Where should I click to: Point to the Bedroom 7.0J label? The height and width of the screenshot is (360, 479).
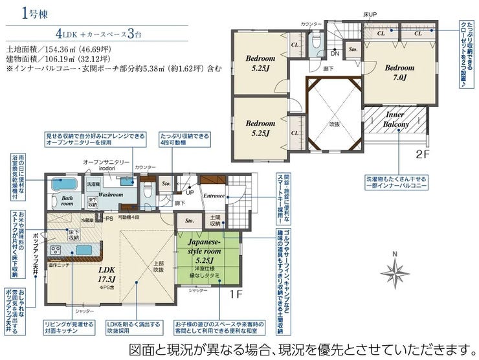[x=399, y=72]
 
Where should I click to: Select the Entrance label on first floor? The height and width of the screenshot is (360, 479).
[x=214, y=196]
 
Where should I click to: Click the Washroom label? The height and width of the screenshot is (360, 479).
[x=111, y=194]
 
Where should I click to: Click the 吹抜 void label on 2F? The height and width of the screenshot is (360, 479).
[x=334, y=123]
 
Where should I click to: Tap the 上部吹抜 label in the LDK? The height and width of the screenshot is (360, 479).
[x=157, y=267]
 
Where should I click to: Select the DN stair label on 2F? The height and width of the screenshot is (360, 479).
[x=335, y=54]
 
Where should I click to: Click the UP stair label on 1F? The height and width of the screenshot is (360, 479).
[x=189, y=192]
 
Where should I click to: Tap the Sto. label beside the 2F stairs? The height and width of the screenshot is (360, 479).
[x=353, y=49]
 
